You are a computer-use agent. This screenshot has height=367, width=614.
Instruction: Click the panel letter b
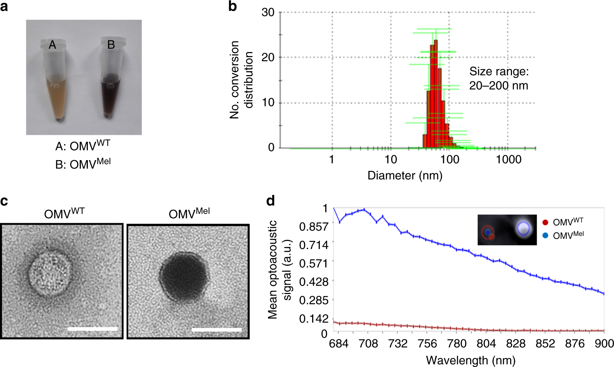tap(232, 6)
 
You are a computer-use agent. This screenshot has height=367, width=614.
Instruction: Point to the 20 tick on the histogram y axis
tap(268, 57)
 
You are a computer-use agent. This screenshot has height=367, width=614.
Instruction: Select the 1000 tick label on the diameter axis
tap(508, 159)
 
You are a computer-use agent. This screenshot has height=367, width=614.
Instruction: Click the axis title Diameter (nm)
tap(405, 175)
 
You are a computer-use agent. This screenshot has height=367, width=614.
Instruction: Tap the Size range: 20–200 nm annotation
tap(499, 79)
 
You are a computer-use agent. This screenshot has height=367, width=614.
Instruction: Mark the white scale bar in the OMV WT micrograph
tap(92, 329)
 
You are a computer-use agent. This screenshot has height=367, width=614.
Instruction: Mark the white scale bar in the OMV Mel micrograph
tap(217, 330)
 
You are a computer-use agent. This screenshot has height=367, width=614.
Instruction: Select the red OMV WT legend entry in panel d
tap(563, 222)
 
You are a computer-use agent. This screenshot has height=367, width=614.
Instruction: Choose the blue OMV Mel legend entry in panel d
tap(563, 235)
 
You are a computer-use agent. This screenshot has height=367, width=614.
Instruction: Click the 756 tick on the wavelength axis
tap(427, 344)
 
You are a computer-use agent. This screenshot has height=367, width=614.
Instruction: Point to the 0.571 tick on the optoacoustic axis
tap(314, 263)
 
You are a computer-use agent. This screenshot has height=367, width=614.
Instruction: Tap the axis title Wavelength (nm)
tap(471, 360)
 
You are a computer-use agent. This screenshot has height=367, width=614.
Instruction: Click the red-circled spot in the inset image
tap(488, 232)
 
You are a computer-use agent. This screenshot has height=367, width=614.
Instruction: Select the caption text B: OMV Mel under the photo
tap(83, 164)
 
